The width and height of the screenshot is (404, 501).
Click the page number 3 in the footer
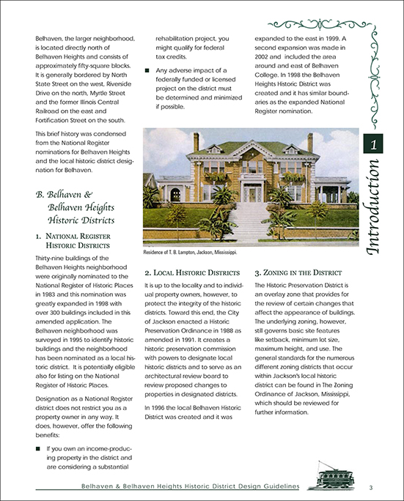coord(372,488)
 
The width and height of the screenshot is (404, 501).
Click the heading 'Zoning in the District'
coord(301,270)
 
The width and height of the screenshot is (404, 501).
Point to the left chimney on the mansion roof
coord(197,142)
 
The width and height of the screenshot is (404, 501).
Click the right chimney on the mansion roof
coord(309,142)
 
